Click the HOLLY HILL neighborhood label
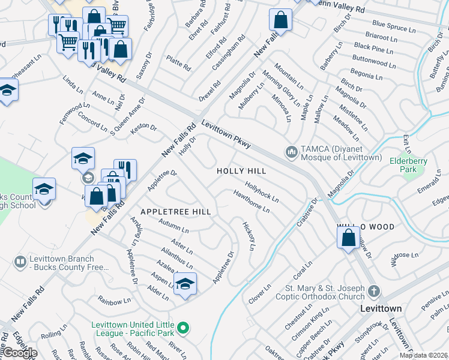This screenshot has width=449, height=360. coord(241,171)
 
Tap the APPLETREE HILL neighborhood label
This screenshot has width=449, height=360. coord(175,212)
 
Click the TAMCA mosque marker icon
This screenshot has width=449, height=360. coord(291,152)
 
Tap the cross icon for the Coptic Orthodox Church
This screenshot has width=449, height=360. coord(373,292)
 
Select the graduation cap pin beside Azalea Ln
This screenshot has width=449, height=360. coord(185,283)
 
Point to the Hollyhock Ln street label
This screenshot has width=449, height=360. coord(262,192)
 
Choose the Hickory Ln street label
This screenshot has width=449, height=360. coord(249,236)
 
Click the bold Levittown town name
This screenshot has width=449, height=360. coord(381,308)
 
